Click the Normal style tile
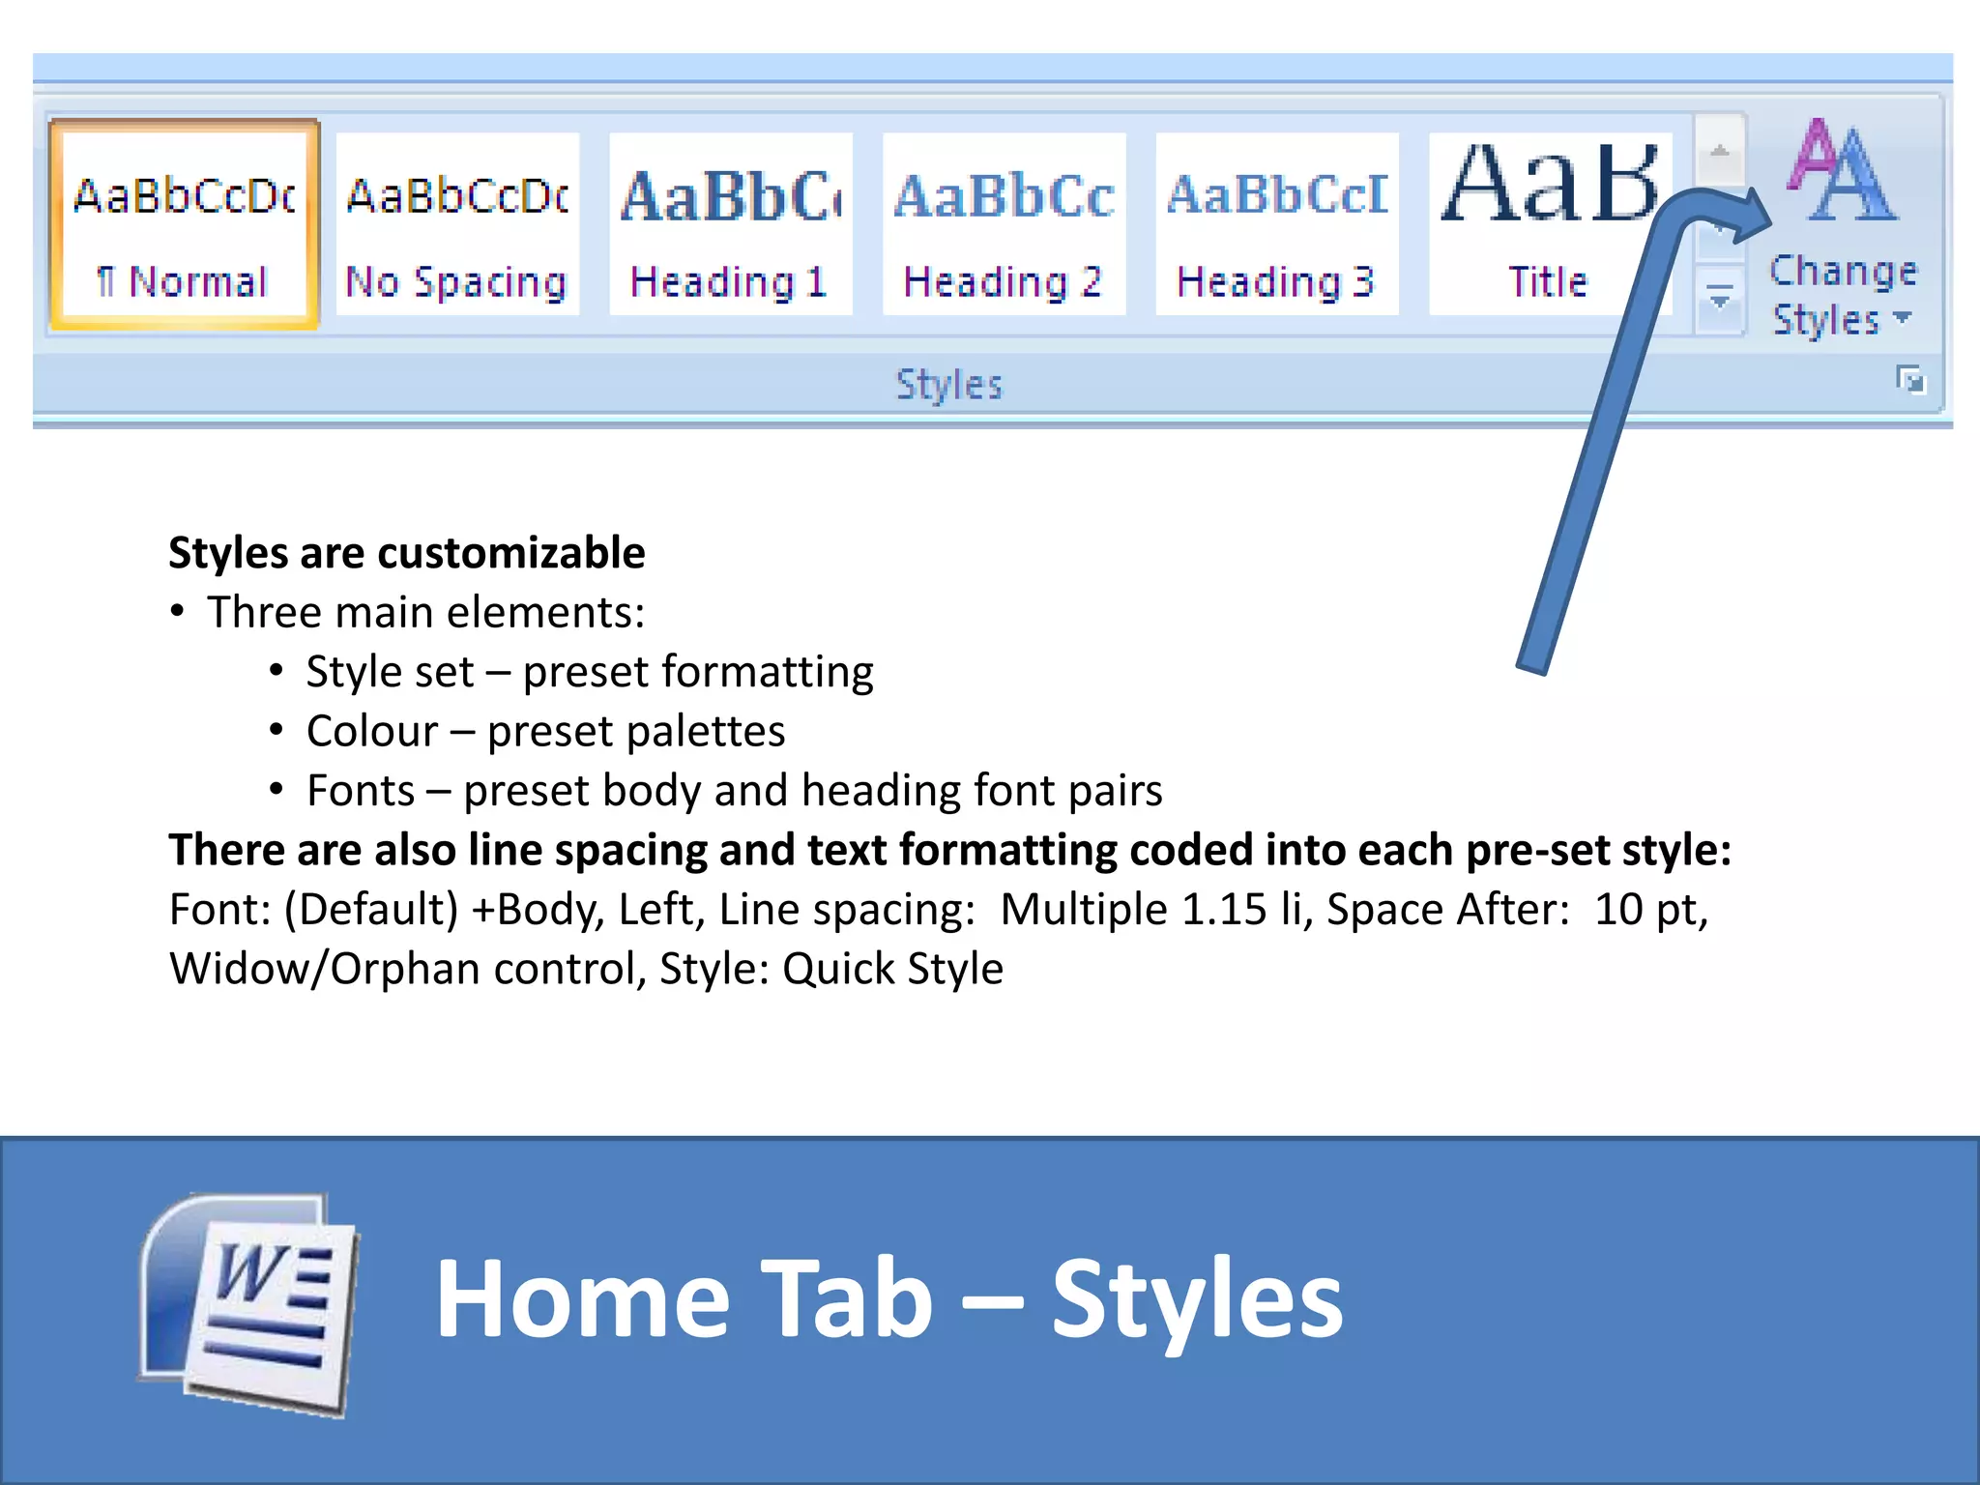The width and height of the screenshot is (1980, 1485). tap(184, 224)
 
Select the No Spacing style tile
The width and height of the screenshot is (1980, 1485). tap(457, 224)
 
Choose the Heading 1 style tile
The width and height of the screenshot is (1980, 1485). tap(730, 224)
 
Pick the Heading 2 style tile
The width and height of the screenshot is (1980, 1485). tap(1004, 224)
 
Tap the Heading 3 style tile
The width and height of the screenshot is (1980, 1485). tap(1276, 224)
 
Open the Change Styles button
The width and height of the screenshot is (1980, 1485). tap(1843, 232)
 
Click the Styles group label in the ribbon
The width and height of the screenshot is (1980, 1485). tap(948, 385)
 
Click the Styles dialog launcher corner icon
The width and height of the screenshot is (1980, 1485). tap(1910, 380)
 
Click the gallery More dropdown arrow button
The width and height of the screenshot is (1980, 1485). tap(1719, 300)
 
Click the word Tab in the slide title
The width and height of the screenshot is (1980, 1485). tap(847, 1299)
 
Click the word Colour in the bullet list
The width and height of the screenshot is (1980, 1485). tap(372, 732)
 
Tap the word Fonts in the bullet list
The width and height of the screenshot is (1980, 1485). tap(360, 791)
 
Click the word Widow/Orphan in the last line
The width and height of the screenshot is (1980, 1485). tap(326, 969)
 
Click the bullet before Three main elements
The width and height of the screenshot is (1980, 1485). tap(177, 613)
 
